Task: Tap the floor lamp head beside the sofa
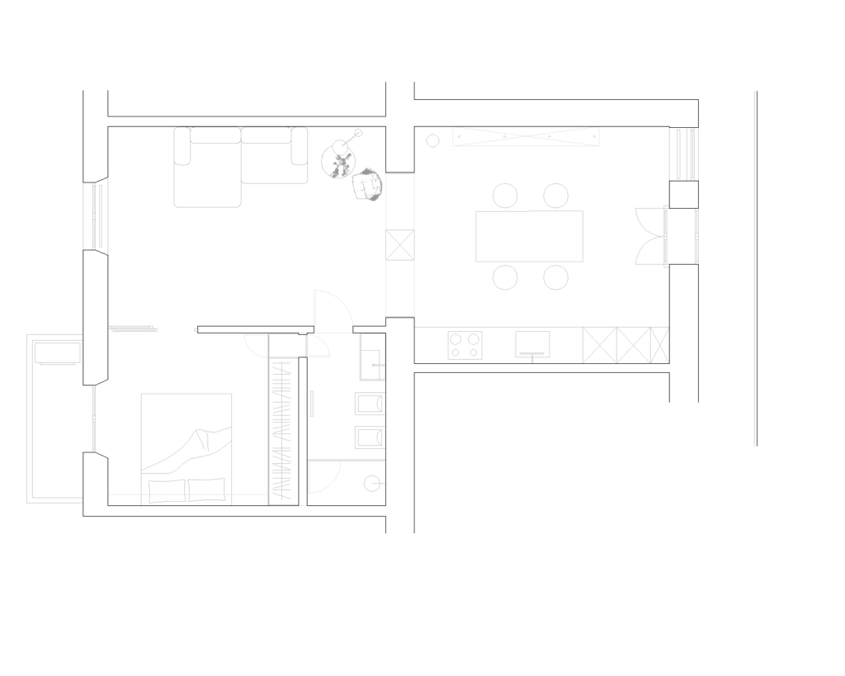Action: tap(358, 132)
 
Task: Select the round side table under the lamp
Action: tap(338, 158)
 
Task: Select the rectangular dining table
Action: tap(529, 236)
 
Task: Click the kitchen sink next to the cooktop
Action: tap(532, 344)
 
